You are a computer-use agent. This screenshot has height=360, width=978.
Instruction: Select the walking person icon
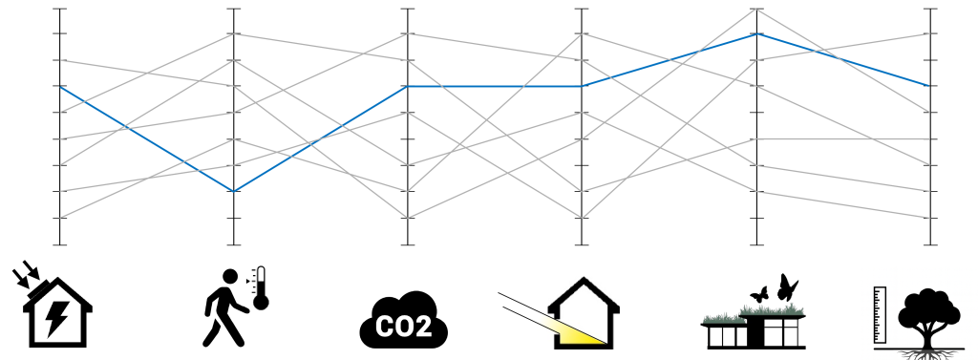(x=223, y=306)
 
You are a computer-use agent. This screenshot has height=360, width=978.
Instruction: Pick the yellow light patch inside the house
(x=585, y=331)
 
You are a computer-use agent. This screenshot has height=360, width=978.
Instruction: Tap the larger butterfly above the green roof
(x=787, y=286)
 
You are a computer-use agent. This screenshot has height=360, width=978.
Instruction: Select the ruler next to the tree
(x=880, y=314)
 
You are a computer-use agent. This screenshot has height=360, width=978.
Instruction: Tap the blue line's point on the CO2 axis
(x=409, y=86)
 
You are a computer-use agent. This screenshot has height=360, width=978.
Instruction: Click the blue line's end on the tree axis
(x=930, y=86)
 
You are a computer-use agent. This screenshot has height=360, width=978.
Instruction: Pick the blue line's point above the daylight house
(x=583, y=86)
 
